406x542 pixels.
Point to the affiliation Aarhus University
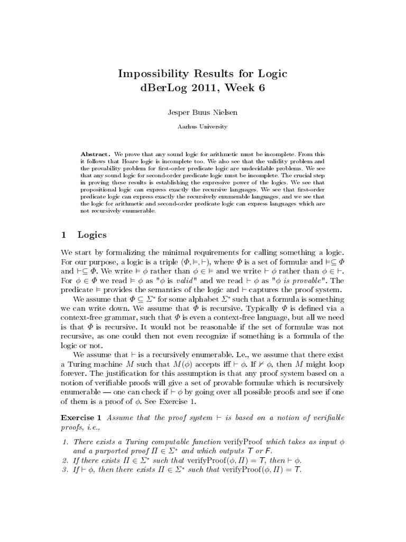point(203,127)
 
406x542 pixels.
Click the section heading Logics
point(92,234)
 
